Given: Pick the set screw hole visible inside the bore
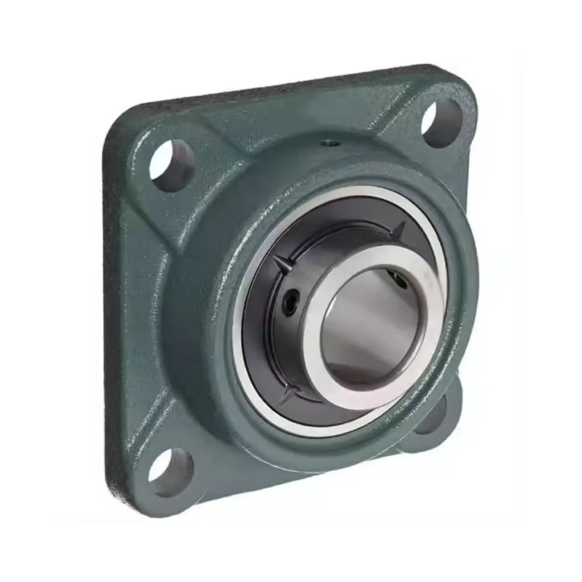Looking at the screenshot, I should click(x=397, y=279).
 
